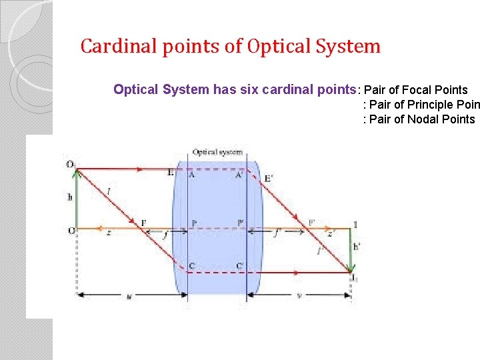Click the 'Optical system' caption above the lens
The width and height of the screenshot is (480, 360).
pos(217,152)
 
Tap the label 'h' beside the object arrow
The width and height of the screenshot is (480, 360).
pos(69,197)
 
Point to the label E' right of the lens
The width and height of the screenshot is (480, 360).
pos(268,178)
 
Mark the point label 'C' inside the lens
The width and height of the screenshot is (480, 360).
pos(192,266)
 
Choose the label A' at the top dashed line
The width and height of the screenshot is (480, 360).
pos(239,175)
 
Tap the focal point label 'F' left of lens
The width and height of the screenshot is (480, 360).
pos(143,223)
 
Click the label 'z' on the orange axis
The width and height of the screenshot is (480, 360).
pos(108,233)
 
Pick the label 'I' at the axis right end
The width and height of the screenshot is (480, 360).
pos(355,225)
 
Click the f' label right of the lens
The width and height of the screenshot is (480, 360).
pos(277,233)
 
